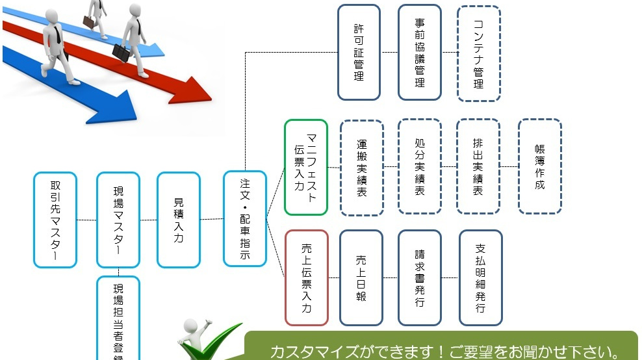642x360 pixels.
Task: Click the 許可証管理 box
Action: [x=359, y=52]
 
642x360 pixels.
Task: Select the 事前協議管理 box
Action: [x=420, y=52]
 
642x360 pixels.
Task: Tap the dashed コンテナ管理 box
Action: [x=479, y=53]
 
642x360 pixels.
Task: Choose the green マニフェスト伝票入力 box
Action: [x=306, y=167]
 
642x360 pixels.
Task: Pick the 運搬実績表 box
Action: [x=362, y=167]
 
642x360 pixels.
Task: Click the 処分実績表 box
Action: [x=420, y=166]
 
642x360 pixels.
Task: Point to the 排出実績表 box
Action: [x=478, y=166]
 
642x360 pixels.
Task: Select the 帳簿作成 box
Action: [x=540, y=166]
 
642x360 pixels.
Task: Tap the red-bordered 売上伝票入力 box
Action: [x=306, y=277]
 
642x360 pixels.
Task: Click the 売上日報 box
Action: [x=361, y=277]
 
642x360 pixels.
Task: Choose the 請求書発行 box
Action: [x=420, y=277]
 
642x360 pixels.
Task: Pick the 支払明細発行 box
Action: [x=481, y=277]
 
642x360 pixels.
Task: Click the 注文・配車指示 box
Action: [x=245, y=218]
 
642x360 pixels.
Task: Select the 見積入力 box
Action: [x=179, y=220]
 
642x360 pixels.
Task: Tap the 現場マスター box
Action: [x=118, y=220]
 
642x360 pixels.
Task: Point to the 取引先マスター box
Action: [x=55, y=220]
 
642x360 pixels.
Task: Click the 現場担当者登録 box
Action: [x=118, y=318]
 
